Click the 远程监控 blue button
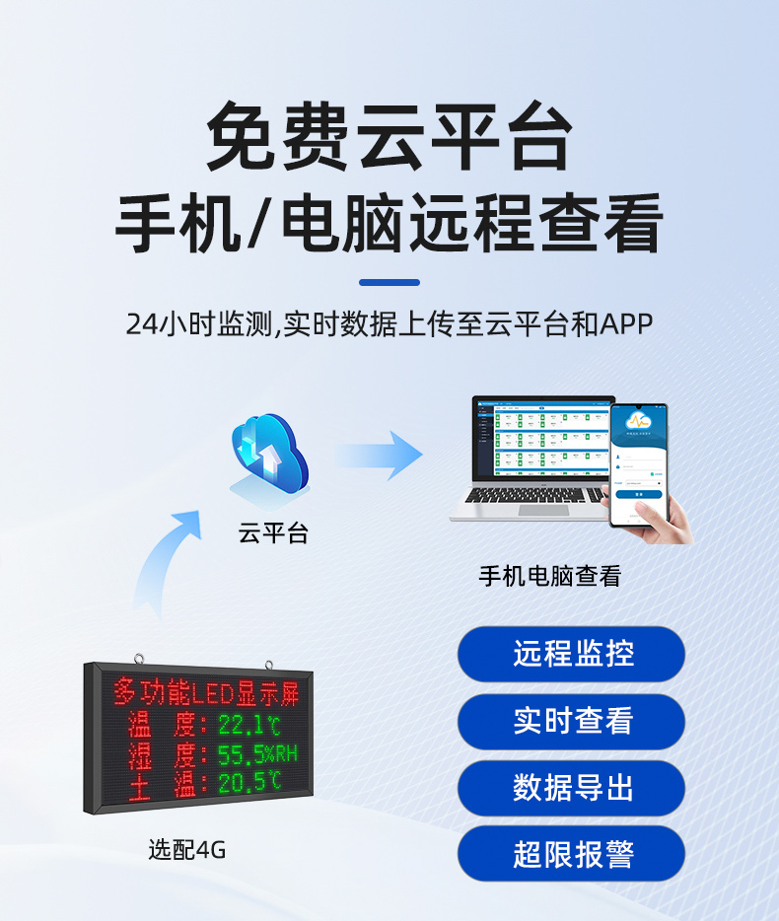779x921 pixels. click(x=571, y=654)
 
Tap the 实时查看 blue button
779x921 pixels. click(x=571, y=721)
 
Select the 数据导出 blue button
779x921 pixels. click(x=571, y=787)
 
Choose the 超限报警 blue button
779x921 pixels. click(x=571, y=854)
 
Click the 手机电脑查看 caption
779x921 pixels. click(x=550, y=576)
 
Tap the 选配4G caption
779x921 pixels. click(x=187, y=848)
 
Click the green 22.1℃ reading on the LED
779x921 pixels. click(x=249, y=726)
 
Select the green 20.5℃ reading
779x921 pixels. click(x=249, y=783)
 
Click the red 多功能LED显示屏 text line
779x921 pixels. click(x=205, y=692)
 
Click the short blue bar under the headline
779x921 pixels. click(x=389, y=283)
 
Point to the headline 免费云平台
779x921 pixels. click(x=389, y=139)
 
